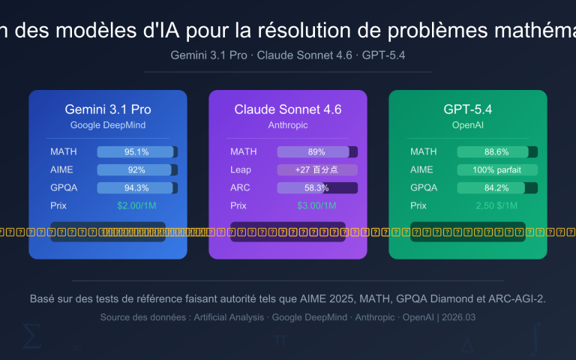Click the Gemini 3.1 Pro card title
108,109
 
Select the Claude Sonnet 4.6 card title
288,109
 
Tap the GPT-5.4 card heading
468,109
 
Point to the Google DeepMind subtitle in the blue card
108,124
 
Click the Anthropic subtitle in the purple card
288,124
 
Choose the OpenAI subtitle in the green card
468,124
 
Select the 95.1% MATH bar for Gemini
137,151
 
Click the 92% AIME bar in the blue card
137,169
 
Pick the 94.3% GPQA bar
137,187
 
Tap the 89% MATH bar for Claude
317,151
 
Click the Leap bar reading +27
317,169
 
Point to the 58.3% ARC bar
317,187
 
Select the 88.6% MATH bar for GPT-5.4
497,151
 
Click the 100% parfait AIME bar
497,169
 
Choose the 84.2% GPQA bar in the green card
497,187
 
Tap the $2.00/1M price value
137,205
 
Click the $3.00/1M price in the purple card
317,205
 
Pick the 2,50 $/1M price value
497,205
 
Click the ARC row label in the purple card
240,187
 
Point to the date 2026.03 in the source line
457,317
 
